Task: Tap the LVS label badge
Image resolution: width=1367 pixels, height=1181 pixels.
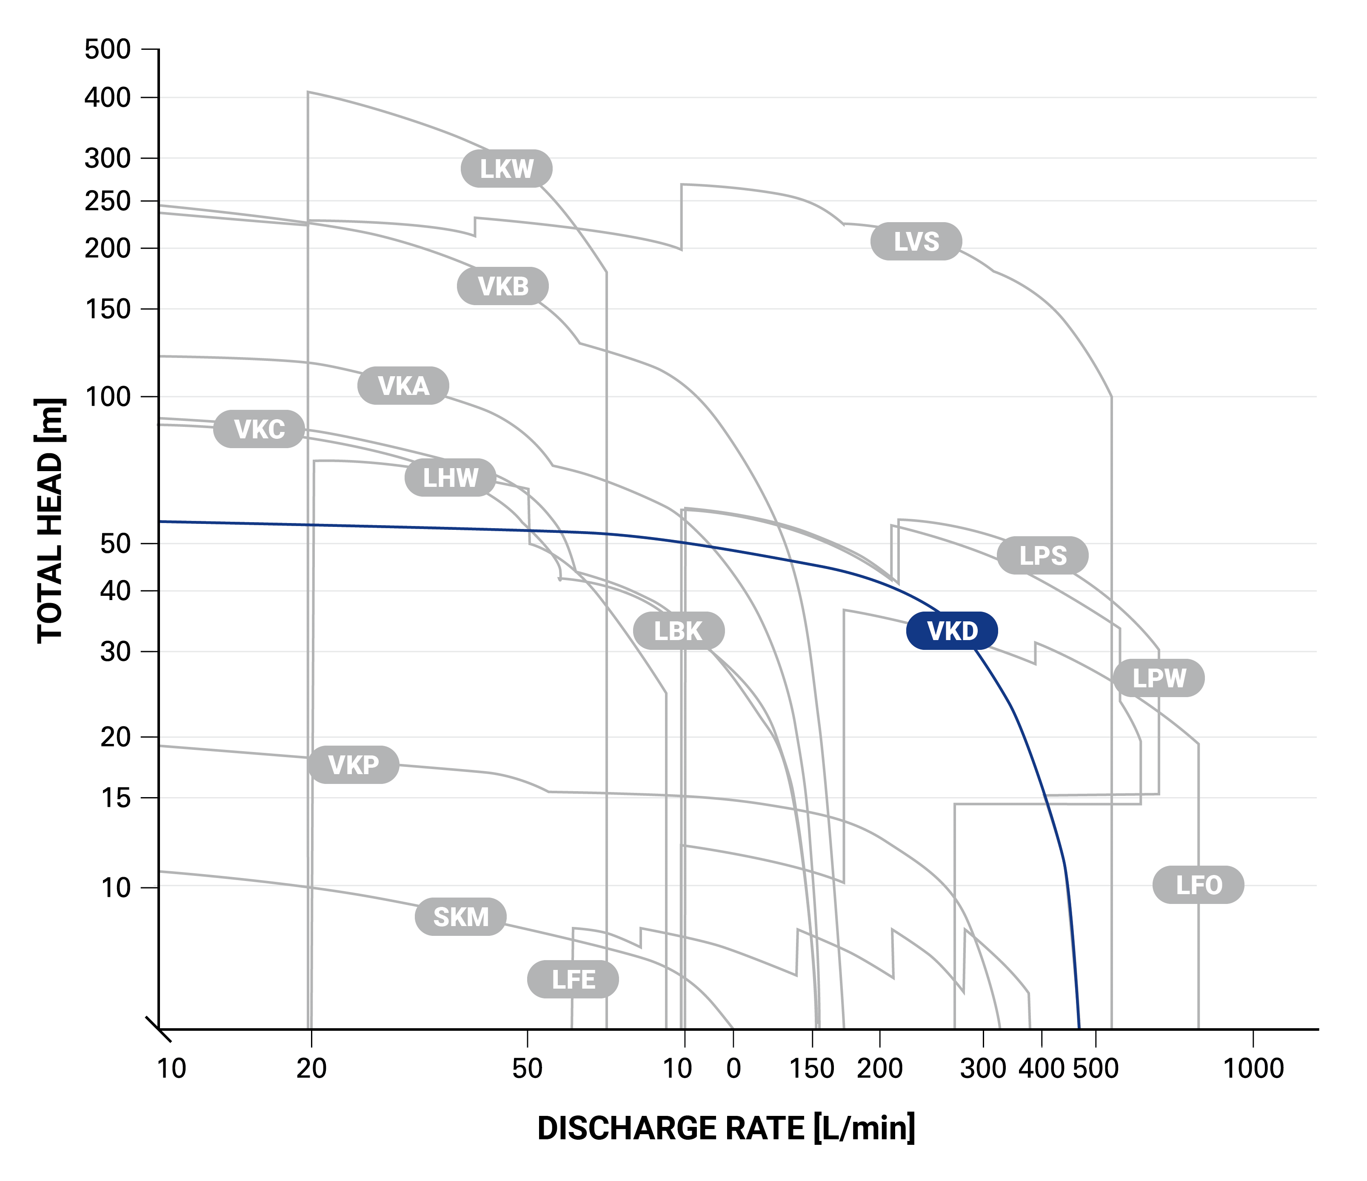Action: pos(916,241)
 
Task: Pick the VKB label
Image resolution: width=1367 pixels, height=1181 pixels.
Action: pos(503,286)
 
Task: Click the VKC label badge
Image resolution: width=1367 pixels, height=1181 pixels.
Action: pos(259,429)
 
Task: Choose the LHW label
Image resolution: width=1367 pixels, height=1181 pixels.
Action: pos(450,478)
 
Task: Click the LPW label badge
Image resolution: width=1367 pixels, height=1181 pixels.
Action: pos(1159,678)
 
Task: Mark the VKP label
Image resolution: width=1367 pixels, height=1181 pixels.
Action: pos(354,765)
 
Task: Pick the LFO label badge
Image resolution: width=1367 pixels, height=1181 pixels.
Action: pos(1199,885)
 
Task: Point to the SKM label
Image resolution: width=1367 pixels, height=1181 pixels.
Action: pos(460,917)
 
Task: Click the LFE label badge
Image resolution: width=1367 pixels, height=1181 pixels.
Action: pos(574,979)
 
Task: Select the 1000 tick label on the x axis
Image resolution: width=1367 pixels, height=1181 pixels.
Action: pos(1253,1068)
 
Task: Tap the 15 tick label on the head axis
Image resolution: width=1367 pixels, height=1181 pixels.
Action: pos(116,798)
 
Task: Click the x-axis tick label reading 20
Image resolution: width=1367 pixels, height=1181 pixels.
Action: pos(311,1068)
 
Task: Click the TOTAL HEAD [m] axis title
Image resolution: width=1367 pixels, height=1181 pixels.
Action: pos(50,521)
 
